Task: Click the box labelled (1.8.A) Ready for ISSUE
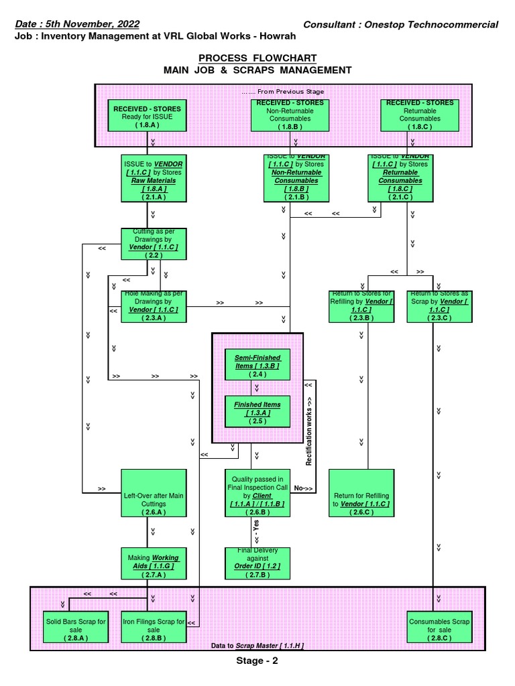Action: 147,116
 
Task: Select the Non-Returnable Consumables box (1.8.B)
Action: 291,115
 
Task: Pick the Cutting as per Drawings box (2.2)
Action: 153,244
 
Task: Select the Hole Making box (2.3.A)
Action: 153,306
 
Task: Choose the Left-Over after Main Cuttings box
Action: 153,494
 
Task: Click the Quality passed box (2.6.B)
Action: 257,494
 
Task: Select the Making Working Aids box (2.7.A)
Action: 153,563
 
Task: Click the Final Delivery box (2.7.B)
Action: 257,563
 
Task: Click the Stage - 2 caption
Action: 257,661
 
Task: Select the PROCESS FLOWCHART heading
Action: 257,58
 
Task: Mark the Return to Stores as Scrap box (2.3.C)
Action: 439,306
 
